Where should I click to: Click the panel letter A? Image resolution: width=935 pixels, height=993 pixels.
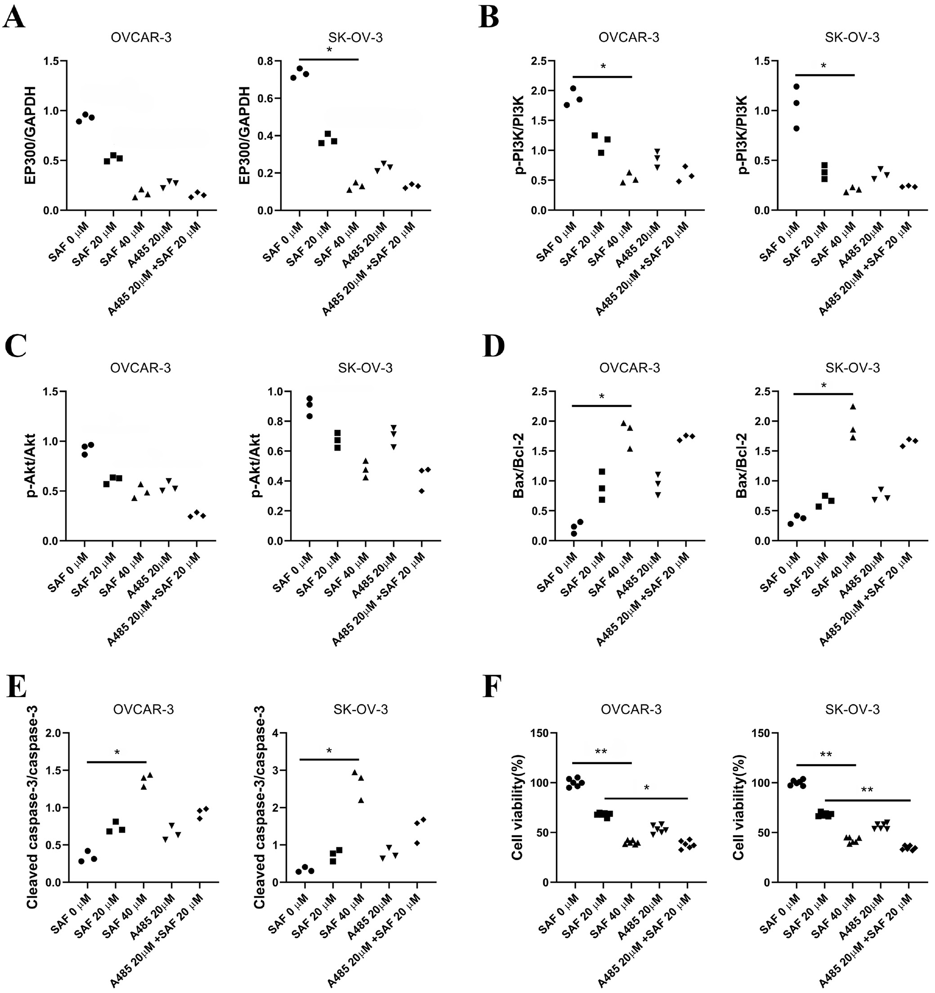[13, 18]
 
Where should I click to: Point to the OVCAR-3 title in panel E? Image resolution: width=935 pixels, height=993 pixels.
[143, 709]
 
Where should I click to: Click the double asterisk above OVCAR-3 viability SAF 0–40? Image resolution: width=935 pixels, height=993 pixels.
[601, 752]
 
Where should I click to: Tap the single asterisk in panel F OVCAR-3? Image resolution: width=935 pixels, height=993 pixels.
[646, 788]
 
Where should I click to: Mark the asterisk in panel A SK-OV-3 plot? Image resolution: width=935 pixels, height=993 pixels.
[329, 50]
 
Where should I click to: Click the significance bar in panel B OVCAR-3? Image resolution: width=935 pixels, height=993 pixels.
[602, 77]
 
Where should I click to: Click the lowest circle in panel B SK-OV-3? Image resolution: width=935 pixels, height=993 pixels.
[796, 128]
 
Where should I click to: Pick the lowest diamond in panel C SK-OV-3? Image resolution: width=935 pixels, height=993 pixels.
[421, 491]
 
